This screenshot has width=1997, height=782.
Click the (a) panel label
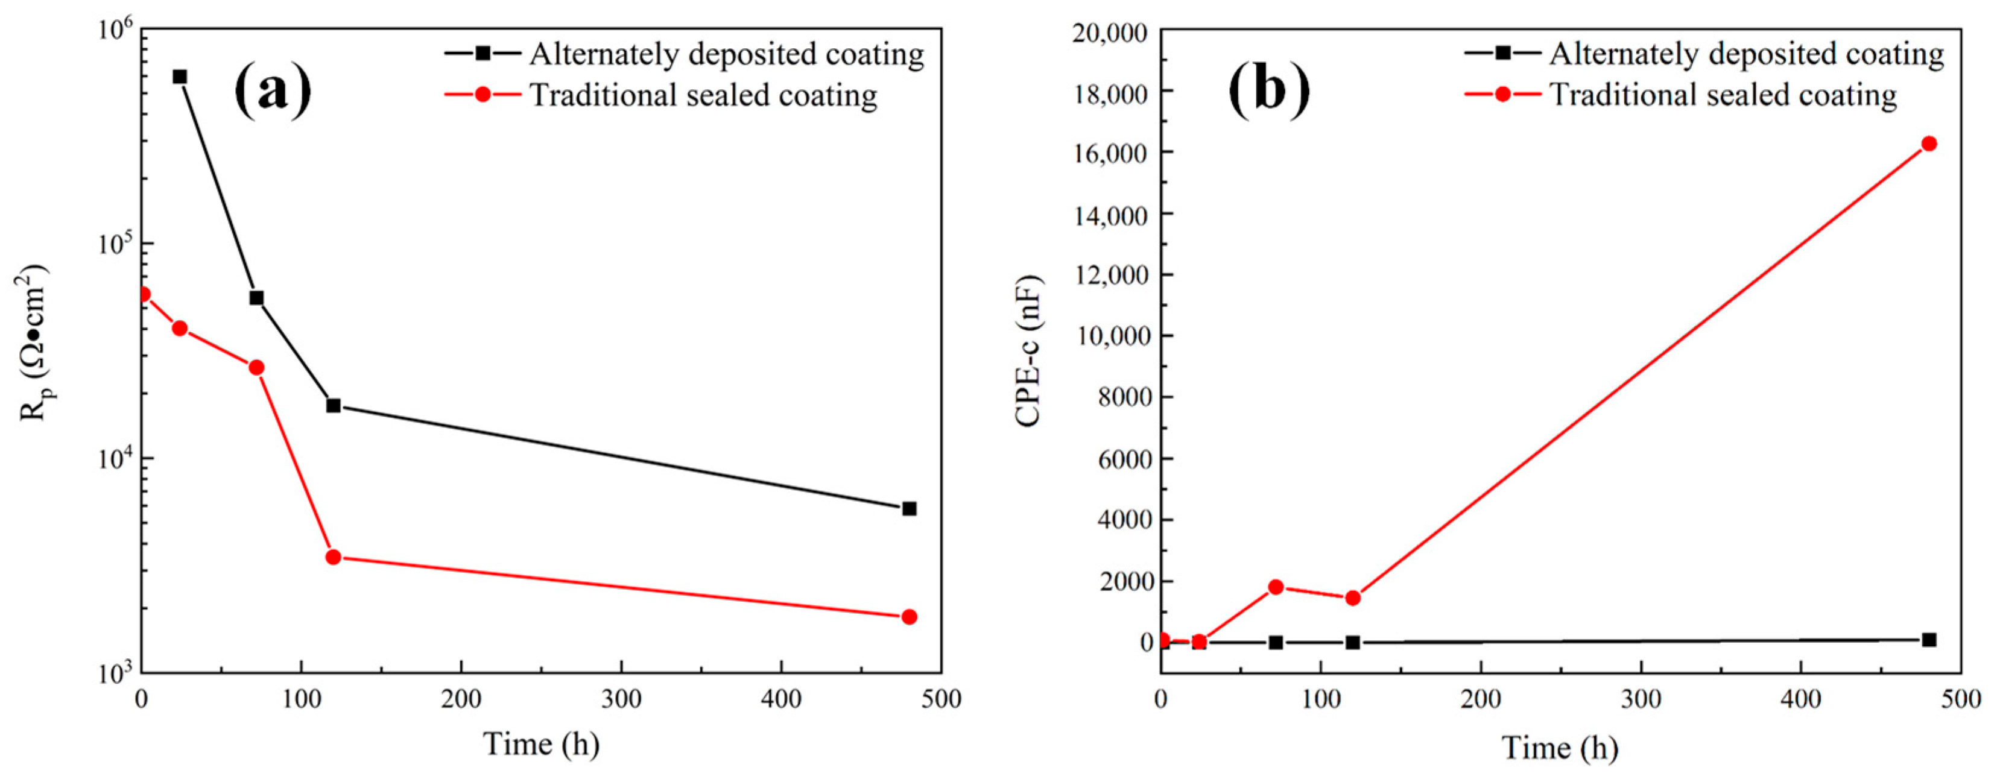click(273, 92)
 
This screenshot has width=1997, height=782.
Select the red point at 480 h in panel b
click(1929, 143)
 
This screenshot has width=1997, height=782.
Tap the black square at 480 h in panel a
click(910, 508)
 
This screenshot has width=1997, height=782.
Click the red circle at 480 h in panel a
click(910, 617)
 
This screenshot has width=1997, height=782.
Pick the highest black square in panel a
click(180, 77)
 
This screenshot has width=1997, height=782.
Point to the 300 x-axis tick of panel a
click(621, 699)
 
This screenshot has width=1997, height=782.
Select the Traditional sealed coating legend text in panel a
click(703, 95)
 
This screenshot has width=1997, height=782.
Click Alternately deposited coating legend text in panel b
click(1746, 54)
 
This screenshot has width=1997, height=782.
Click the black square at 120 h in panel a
click(334, 405)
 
